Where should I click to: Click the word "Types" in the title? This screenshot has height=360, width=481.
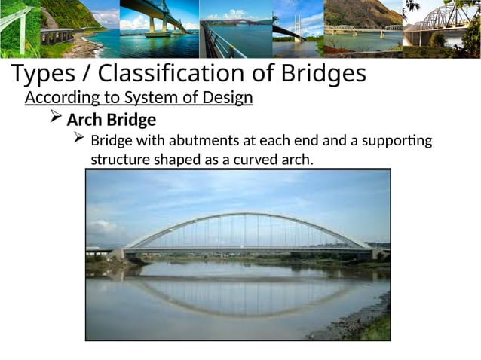[44, 75]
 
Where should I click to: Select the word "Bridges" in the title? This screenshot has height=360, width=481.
[320, 75]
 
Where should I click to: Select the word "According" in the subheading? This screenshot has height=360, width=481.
[60, 99]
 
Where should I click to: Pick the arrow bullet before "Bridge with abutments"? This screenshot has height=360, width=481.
[78, 139]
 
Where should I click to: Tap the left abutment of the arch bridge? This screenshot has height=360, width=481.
[118, 254]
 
